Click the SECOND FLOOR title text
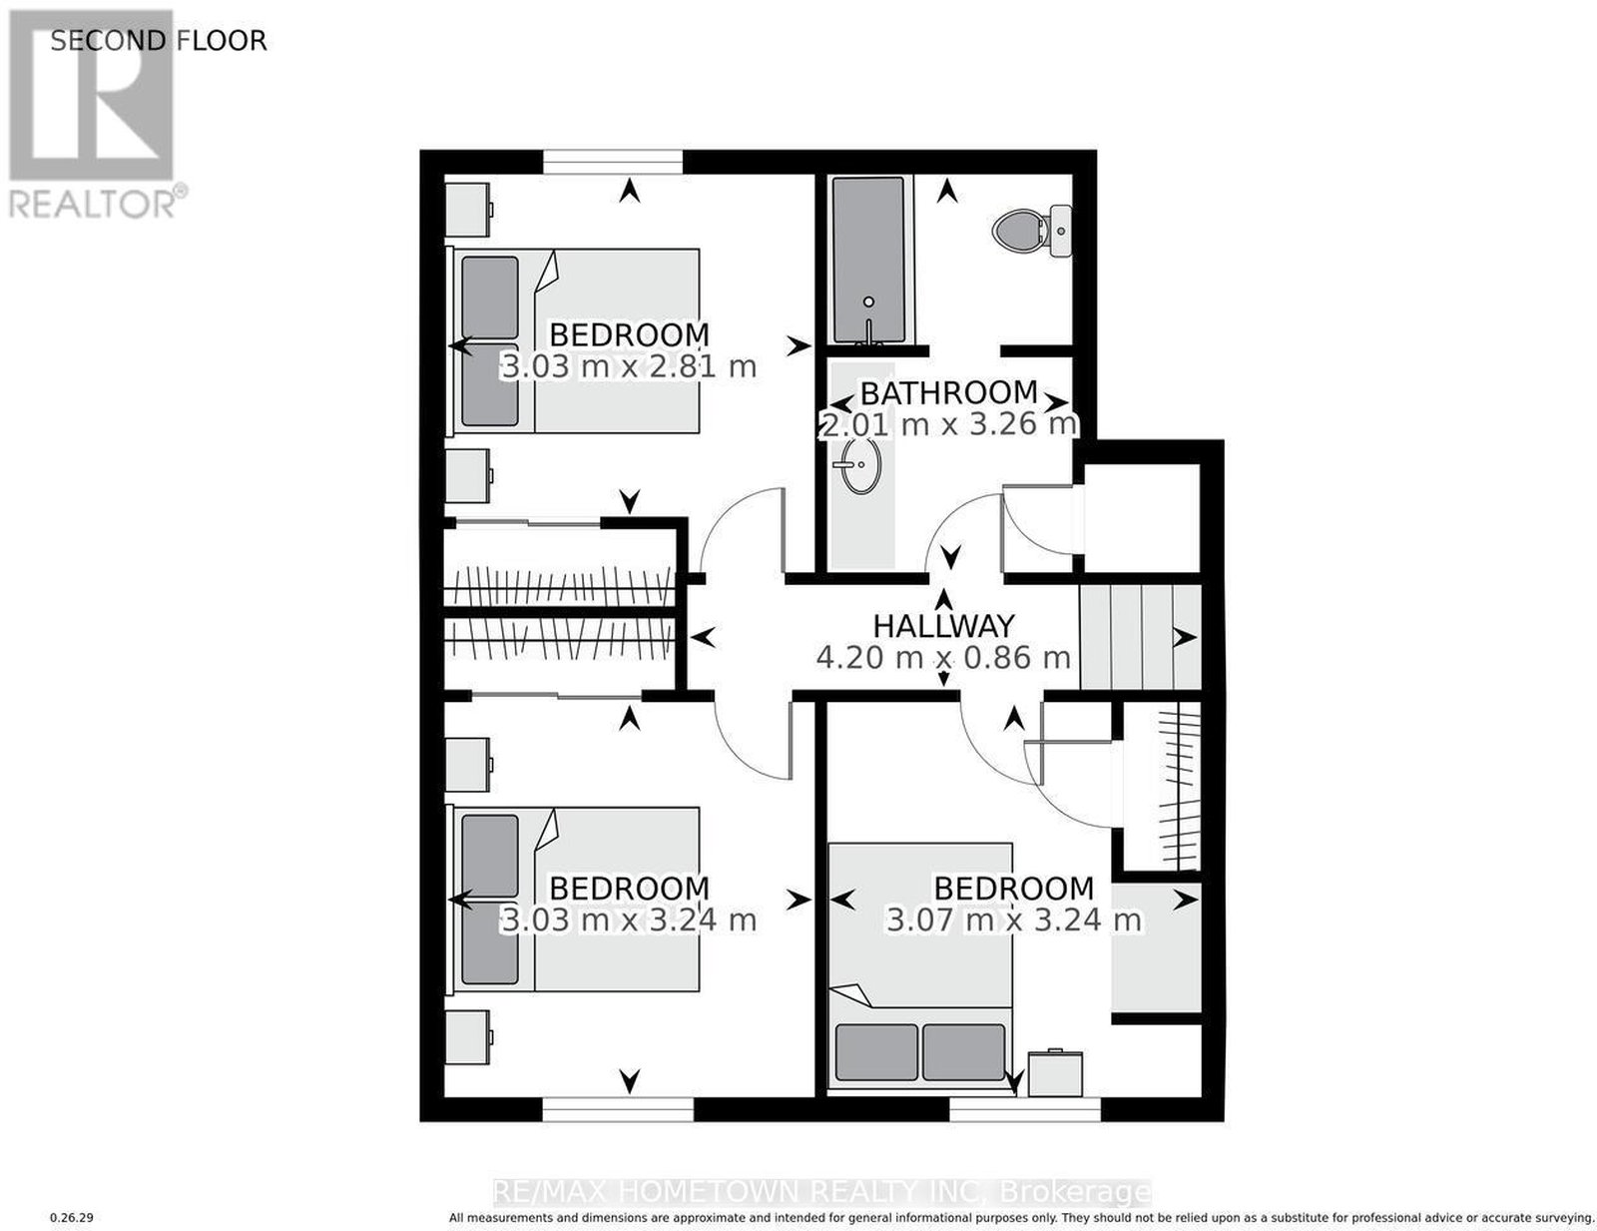tap(158, 40)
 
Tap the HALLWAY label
tap(943, 626)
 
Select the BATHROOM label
tap(949, 393)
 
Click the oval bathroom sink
tap(860, 465)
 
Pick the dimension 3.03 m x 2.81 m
tap(629, 366)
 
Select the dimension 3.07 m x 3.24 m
tap(1014, 920)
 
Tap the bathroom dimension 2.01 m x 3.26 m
tap(949, 424)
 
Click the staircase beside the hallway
tap(1139, 636)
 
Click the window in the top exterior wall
tap(613, 162)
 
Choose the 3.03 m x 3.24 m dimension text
tap(629, 920)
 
